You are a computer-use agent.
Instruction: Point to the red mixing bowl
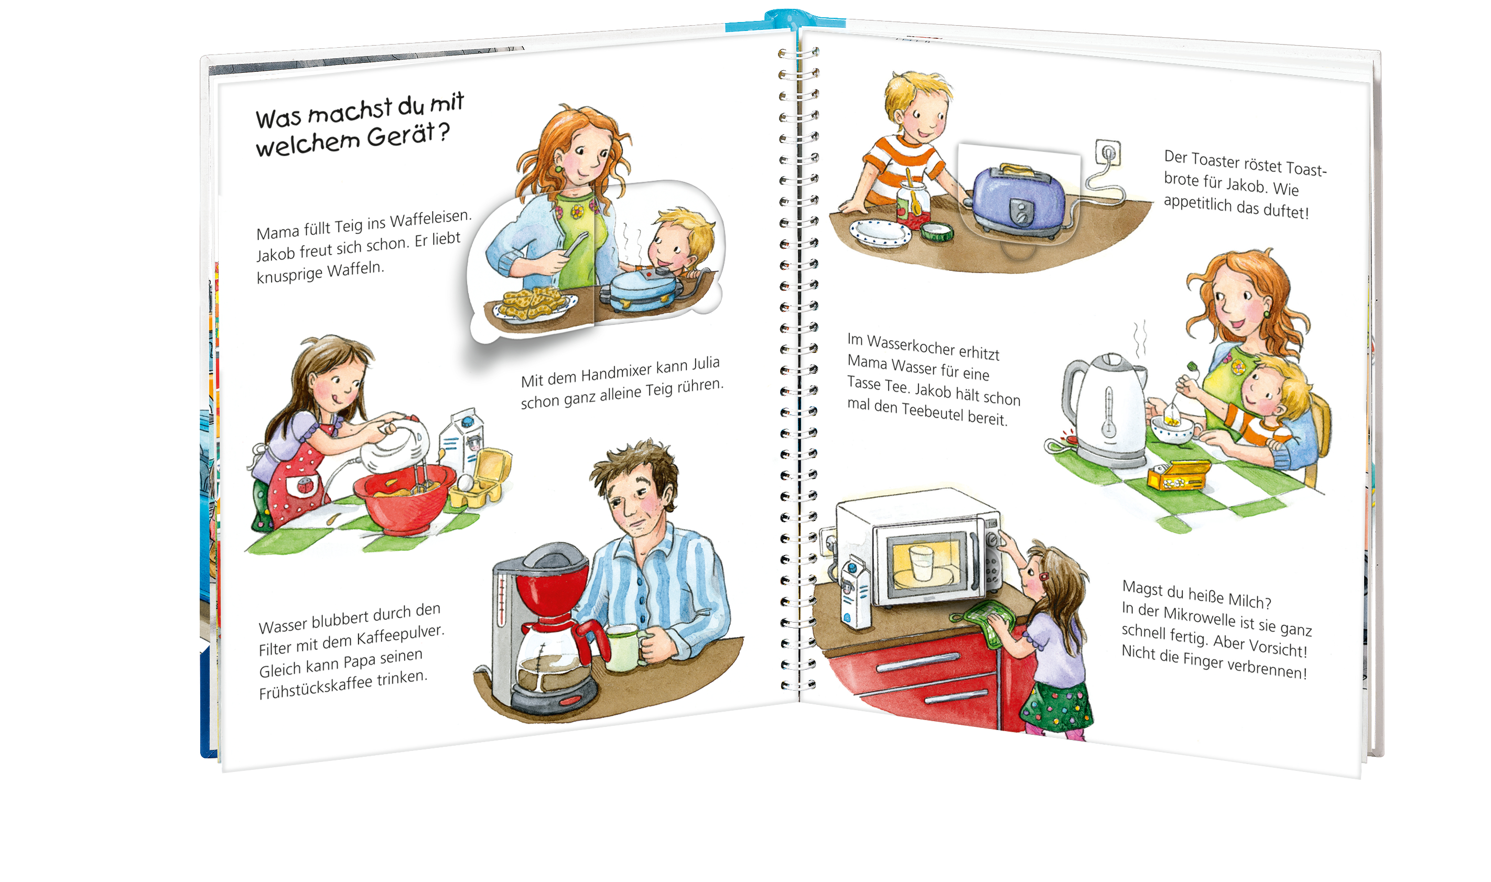point(404,497)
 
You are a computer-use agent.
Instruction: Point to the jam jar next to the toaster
point(913,205)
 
